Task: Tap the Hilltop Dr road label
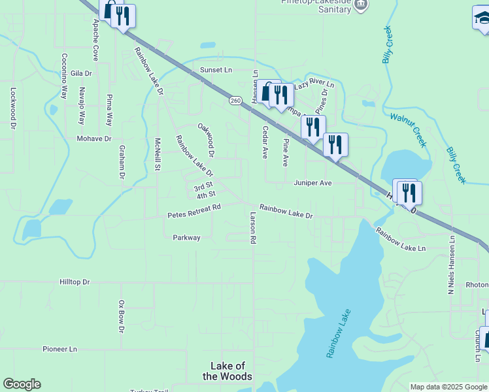pyautogui.click(x=74, y=282)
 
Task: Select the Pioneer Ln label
pyautogui.click(x=59, y=350)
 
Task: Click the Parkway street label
pyautogui.click(x=186, y=238)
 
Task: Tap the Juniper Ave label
pyautogui.click(x=313, y=184)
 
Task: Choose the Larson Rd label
pyautogui.click(x=252, y=227)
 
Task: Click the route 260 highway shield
pyautogui.click(x=236, y=101)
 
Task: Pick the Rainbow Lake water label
pyautogui.click(x=339, y=333)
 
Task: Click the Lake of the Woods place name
pyautogui.click(x=228, y=371)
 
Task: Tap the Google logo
pyautogui.click(x=22, y=384)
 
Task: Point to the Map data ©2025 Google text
pyautogui.click(x=448, y=387)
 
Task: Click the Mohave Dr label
pyautogui.click(x=94, y=139)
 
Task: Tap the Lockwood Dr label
pyautogui.click(x=12, y=108)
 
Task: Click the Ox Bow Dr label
pyautogui.click(x=121, y=316)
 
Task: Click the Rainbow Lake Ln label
pyautogui.click(x=400, y=239)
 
